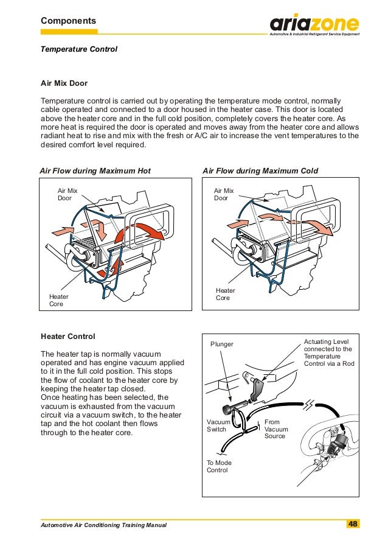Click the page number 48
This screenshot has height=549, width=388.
(x=353, y=524)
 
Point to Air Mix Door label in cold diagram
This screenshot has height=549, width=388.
(x=223, y=194)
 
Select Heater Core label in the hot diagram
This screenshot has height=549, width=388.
(x=58, y=300)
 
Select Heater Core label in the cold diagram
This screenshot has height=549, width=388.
(x=225, y=294)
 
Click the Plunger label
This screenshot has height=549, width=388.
(x=222, y=344)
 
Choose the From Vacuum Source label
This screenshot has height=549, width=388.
(x=276, y=429)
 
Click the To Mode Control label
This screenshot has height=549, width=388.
(x=219, y=466)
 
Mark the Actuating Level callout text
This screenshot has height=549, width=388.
(x=328, y=353)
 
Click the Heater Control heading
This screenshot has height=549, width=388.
(x=68, y=336)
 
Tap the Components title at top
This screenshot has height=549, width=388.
(x=68, y=21)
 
